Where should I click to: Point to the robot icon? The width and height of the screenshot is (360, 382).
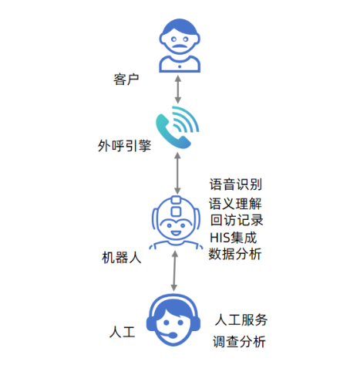[x=178, y=223]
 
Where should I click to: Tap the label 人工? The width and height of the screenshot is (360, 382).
[x=123, y=333]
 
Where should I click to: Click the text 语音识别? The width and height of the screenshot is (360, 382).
[x=236, y=184]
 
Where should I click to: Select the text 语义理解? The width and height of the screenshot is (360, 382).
[x=236, y=204]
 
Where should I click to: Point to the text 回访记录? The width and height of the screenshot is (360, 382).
[x=236, y=221]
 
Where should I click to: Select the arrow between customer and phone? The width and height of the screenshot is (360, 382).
[x=179, y=88]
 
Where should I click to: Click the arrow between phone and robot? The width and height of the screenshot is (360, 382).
[x=179, y=173]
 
